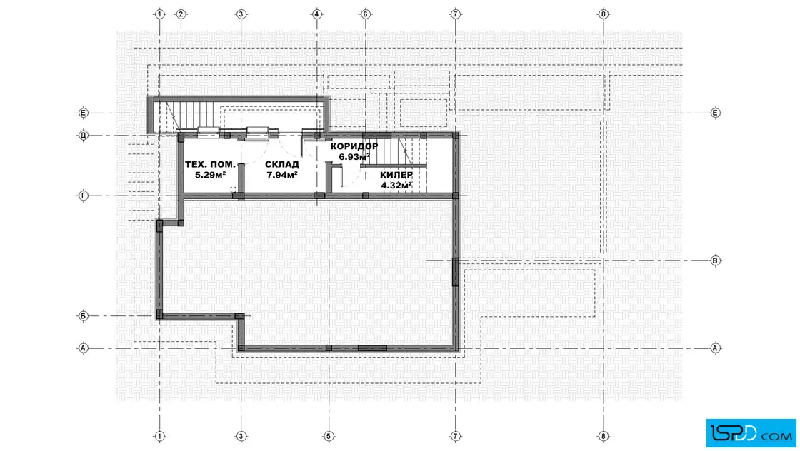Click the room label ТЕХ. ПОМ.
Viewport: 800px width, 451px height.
(210, 164)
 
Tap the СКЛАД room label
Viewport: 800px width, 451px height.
(282, 164)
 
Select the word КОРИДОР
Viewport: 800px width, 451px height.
(354, 146)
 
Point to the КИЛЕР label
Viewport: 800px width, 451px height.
(396, 175)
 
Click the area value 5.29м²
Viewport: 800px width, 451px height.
(210, 175)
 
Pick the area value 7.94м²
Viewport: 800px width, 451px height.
(282, 175)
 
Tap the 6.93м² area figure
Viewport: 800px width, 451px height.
(354, 157)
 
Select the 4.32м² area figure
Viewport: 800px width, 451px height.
(396, 186)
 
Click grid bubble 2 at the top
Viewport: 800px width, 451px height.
(181, 14)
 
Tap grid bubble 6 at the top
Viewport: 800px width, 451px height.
(365, 14)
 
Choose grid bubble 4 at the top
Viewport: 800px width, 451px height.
(317, 14)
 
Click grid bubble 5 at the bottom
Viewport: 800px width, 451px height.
(329, 436)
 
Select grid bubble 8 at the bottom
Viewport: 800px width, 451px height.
(604, 436)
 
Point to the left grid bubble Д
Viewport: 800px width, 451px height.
(84, 136)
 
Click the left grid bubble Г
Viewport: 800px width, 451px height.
(84, 196)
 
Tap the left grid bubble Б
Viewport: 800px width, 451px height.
(84, 316)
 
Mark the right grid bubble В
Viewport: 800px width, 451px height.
(715, 260)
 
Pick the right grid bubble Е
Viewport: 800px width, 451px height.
(715, 113)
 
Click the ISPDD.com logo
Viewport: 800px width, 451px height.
(751, 433)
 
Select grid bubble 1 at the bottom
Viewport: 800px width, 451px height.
(160, 436)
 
